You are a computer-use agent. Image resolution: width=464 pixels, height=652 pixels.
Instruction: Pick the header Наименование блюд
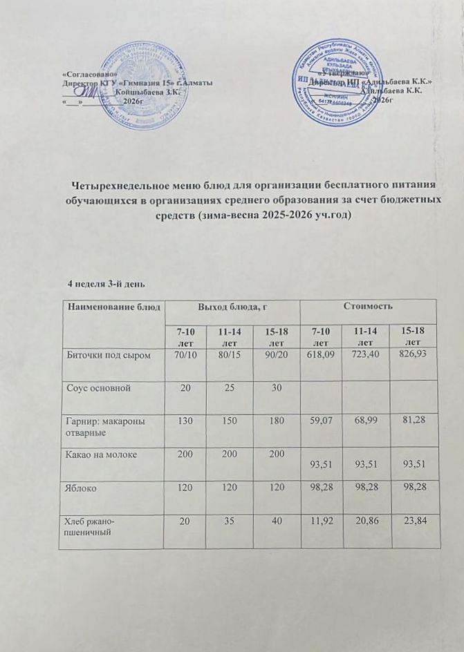tap(113, 306)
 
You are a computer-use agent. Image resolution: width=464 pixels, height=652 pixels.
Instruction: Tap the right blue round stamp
tap(340, 81)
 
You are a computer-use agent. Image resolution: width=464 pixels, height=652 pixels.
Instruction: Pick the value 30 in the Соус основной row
tap(276, 387)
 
